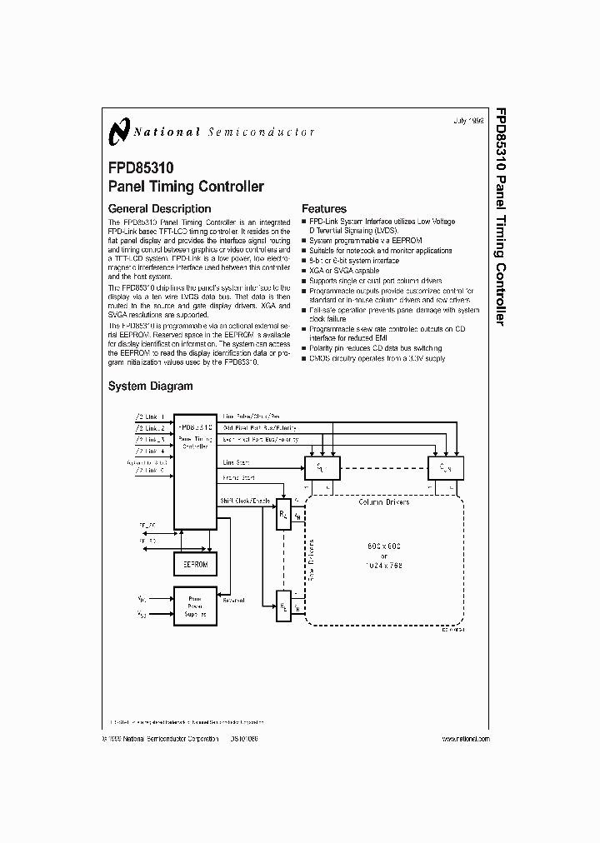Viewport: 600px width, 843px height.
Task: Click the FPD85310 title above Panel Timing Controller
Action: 141,168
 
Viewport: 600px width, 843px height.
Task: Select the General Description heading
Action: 160,208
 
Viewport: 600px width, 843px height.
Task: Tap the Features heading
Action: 324,208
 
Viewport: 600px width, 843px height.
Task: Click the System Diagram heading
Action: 151,386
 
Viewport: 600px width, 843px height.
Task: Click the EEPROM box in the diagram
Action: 194,565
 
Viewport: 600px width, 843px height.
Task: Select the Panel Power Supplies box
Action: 194,606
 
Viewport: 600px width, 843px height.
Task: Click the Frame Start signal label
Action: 238,479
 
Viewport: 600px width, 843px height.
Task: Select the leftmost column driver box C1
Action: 322,467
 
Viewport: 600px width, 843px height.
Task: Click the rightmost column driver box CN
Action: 445,467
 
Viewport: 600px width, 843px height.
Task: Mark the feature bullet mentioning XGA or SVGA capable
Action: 343,271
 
